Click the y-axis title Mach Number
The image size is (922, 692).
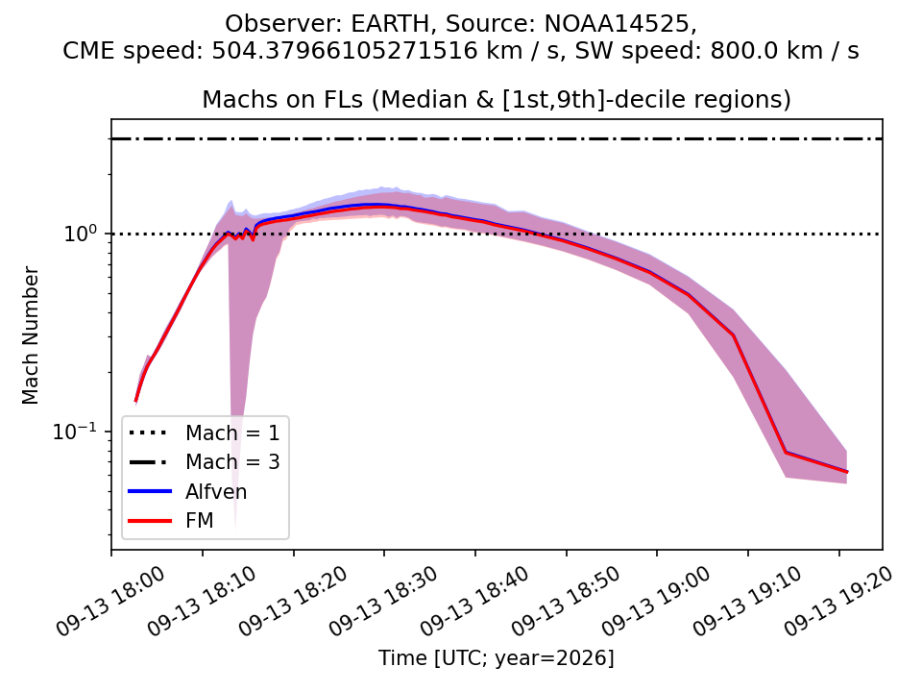pyautogui.click(x=30, y=335)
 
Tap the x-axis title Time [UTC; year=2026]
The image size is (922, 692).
pyautogui.click(x=497, y=657)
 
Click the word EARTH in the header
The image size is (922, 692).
pyautogui.click(x=391, y=24)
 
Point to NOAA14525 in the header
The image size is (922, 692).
pyautogui.click(x=617, y=24)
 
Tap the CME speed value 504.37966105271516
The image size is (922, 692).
pyautogui.click(x=345, y=51)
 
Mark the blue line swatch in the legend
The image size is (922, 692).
pyautogui.click(x=150, y=491)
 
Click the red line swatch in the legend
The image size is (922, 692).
pyautogui.click(x=150, y=521)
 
